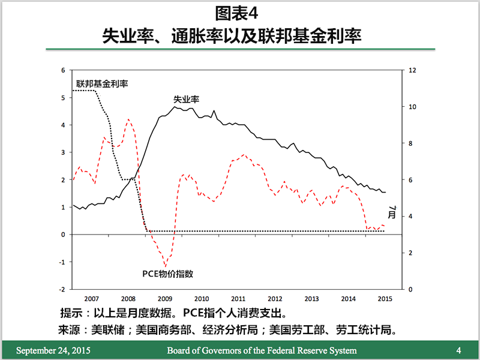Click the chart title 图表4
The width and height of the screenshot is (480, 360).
tap(240, 13)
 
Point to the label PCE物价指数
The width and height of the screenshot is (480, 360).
tap(167, 274)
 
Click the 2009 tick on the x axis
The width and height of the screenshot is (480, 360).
tap(164, 298)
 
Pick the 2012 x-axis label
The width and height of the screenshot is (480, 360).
tap(275, 298)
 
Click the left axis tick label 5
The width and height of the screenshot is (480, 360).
tap(63, 97)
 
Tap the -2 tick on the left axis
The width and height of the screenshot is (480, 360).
tap(62, 289)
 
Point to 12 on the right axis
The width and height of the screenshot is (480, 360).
tap(412, 70)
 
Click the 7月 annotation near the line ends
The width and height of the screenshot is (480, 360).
tap(392, 212)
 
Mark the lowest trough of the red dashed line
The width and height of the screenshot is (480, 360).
tap(166, 266)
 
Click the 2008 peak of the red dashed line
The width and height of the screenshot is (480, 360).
tap(129, 119)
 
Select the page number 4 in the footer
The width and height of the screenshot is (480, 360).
tap(458, 350)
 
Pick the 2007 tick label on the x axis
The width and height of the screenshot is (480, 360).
tap(91, 298)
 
